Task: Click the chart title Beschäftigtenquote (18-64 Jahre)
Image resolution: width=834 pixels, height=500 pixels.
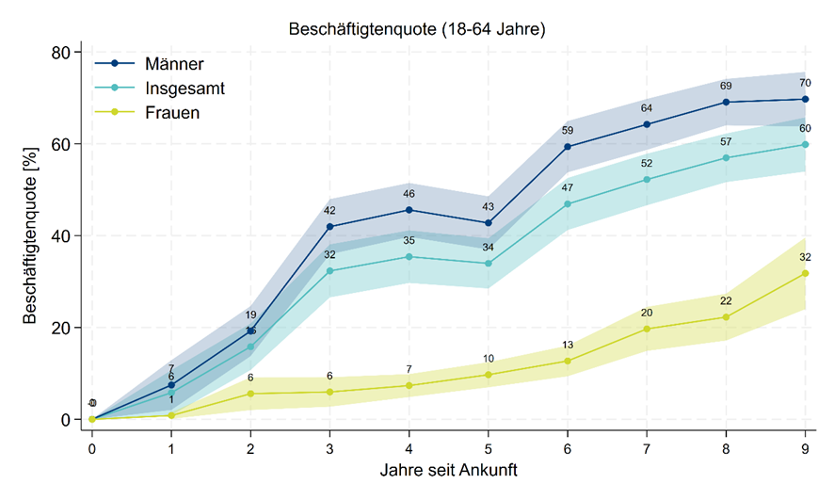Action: [417, 30]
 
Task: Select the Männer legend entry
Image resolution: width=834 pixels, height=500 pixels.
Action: [175, 64]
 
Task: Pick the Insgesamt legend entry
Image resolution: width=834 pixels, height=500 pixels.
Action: [184, 89]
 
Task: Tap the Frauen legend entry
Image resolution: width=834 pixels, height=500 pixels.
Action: [173, 113]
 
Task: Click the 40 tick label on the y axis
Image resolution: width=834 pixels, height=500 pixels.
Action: [59, 236]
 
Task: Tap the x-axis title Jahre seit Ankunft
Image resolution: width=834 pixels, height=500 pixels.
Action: [449, 469]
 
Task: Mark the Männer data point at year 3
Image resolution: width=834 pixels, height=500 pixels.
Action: [329, 227]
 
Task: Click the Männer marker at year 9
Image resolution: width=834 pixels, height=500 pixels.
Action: [805, 99]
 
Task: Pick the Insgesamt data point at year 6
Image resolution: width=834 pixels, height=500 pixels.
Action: [568, 204]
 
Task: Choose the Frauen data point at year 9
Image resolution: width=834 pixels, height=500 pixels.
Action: [805, 273]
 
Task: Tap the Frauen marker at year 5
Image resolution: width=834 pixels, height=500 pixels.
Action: [488, 375]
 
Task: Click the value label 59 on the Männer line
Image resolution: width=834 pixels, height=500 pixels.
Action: [568, 131]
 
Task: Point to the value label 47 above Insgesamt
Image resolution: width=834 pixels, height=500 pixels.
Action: [568, 188]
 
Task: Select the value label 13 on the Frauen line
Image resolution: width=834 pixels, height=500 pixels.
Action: [568, 345]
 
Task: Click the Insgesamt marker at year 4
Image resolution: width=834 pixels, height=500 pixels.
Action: [409, 256]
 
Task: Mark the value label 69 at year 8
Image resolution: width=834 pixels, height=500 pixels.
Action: [726, 86]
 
